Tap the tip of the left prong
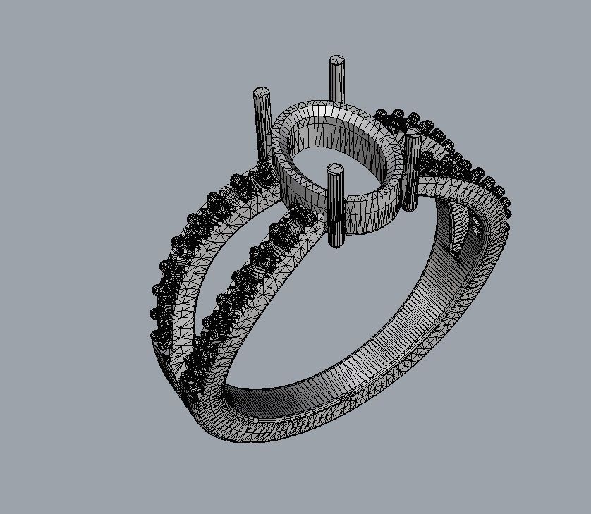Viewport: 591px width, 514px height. [x=262, y=92]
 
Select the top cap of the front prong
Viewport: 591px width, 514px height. [x=335, y=169]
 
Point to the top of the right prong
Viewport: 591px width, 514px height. [x=413, y=139]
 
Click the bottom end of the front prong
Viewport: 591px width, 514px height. [x=338, y=244]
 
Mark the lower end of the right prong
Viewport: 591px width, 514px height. [x=410, y=207]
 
